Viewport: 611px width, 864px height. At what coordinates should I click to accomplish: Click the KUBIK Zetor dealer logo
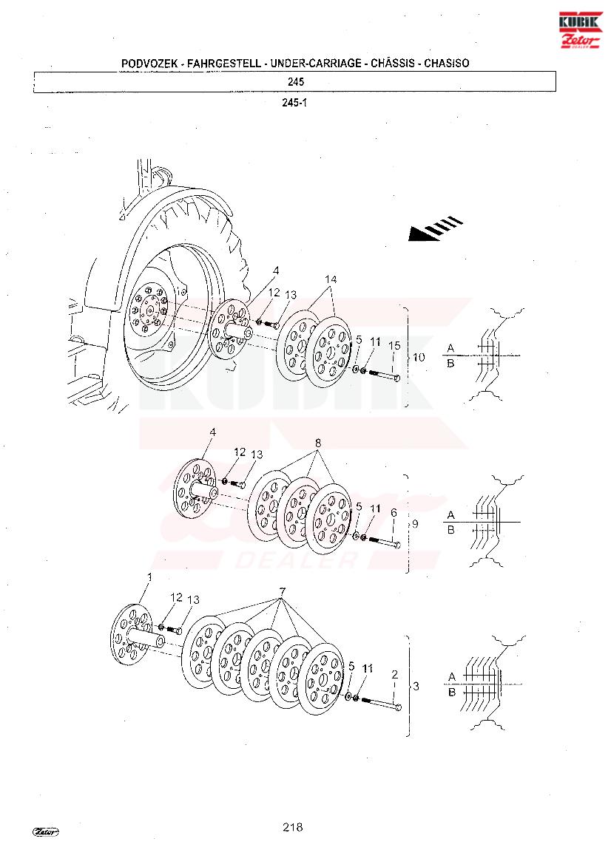[581, 30]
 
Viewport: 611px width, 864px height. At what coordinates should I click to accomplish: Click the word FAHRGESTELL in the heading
[224, 64]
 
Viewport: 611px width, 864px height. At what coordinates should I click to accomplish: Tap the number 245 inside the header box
[296, 81]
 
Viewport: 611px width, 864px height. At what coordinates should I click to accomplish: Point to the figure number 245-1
[294, 103]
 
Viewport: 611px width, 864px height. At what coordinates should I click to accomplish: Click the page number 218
[292, 826]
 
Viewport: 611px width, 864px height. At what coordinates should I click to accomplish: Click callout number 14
[331, 279]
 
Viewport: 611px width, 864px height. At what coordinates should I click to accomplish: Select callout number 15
[394, 346]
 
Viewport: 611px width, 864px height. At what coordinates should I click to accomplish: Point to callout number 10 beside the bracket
[419, 357]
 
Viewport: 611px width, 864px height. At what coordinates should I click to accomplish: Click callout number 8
[317, 443]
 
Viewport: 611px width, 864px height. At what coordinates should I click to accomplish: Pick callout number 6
[394, 513]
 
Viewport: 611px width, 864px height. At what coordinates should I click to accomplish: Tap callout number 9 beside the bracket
[415, 524]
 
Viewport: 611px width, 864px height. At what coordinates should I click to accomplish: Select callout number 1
[149, 577]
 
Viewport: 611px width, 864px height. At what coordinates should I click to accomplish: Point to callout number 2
[395, 675]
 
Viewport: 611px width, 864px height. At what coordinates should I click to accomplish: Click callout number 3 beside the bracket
[416, 686]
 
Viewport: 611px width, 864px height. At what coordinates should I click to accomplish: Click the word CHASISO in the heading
[447, 64]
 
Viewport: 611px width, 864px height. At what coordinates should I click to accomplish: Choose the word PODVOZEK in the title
[149, 64]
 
